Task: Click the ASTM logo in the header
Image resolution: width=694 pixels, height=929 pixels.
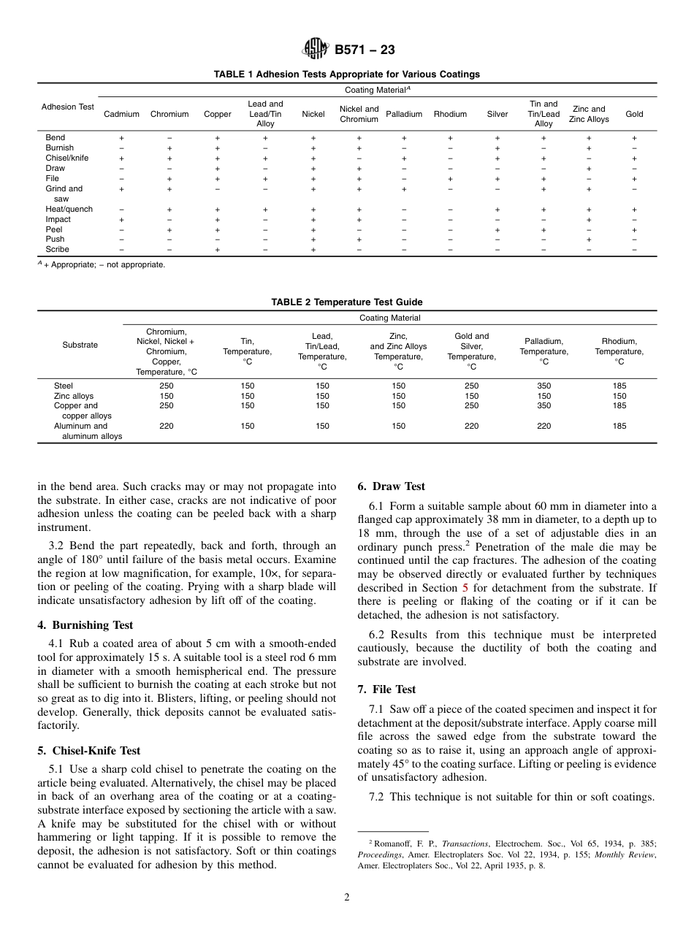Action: click(x=316, y=50)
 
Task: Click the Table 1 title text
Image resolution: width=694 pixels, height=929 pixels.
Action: click(x=346, y=74)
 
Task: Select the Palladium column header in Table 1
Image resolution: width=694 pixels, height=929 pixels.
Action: click(x=404, y=114)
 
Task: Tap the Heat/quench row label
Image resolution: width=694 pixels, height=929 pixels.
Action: click(x=69, y=209)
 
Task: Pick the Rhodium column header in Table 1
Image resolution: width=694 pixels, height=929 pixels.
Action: click(x=450, y=114)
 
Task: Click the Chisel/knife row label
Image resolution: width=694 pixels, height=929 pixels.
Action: click(x=67, y=158)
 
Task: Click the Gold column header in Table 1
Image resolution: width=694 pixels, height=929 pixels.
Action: click(x=634, y=114)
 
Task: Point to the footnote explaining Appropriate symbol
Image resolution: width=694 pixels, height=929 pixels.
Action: click(x=102, y=265)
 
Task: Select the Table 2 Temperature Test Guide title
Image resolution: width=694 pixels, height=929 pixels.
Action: click(x=346, y=302)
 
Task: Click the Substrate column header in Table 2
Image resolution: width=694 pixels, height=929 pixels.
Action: click(x=80, y=345)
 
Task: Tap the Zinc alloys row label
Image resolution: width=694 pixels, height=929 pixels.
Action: click(x=74, y=396)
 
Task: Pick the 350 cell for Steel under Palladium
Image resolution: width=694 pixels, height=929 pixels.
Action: click(x=544, y=386)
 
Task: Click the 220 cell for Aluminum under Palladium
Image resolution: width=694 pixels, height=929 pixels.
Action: click(x=544, y=426)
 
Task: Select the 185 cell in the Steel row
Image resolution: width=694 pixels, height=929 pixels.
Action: click(x=619, y=386)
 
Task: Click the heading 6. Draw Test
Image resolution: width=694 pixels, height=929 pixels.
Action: click(x=391, y=486)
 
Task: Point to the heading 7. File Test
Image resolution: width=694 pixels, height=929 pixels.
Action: click(x=386, y=689)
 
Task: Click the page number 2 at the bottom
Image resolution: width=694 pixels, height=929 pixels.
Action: click(x=347, y=898)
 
